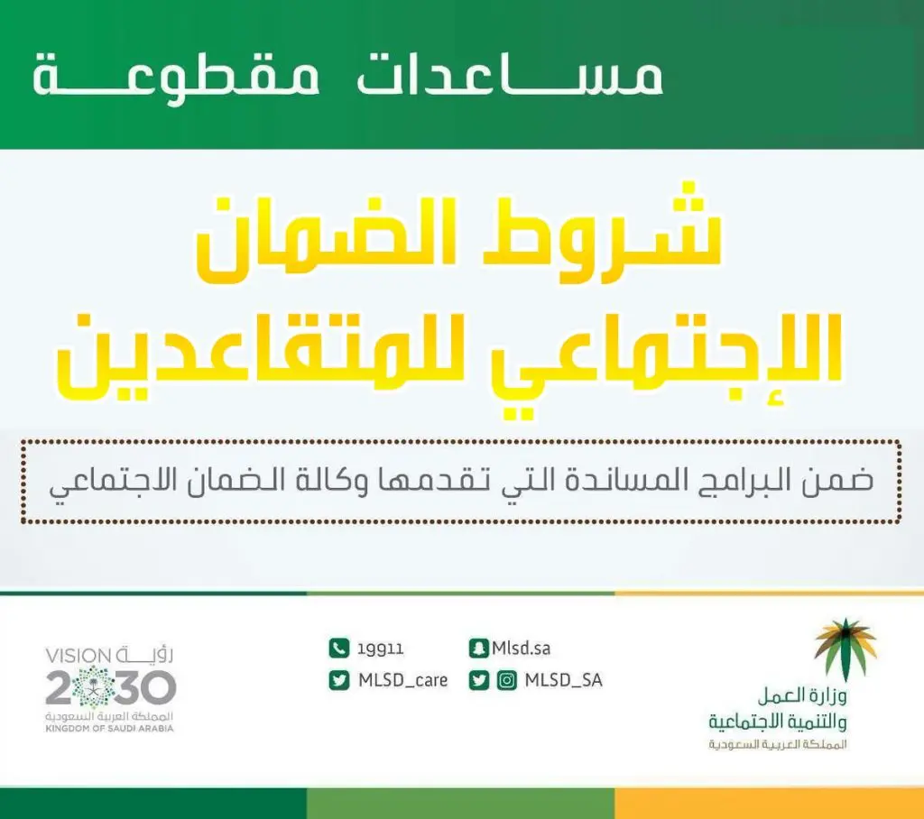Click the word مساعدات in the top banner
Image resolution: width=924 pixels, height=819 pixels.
510,76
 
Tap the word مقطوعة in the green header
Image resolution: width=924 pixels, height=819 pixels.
176,80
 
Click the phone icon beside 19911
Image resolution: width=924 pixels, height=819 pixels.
339,649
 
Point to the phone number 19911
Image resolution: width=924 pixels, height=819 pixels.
380,649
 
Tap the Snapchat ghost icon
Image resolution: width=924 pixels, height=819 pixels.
478,649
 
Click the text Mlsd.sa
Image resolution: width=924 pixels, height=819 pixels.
521,649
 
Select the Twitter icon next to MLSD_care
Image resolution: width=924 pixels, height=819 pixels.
339,680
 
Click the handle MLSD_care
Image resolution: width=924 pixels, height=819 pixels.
403,680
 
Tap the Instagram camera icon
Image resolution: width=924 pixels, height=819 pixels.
507,680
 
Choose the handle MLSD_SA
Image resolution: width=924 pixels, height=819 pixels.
563,680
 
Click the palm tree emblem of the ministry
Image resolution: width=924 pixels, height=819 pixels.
845,648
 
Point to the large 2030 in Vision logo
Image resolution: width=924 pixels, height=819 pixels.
111,687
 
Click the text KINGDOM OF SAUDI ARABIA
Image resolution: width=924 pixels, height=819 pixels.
109,729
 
